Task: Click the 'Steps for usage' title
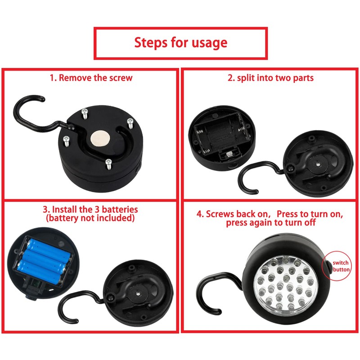180,43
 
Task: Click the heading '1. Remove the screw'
91,77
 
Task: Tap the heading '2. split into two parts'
270,77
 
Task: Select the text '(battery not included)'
90,218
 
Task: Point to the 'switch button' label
341,266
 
